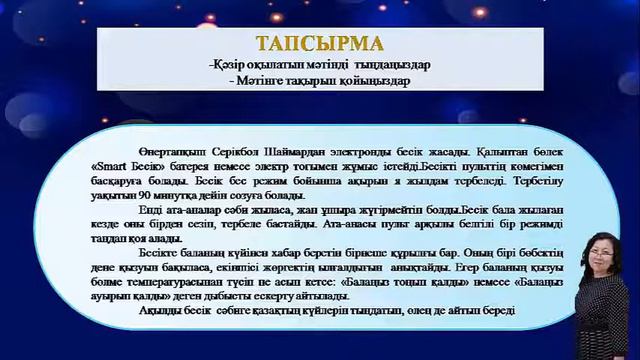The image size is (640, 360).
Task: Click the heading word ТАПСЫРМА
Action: pyautogui.click(x=319, y=44)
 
